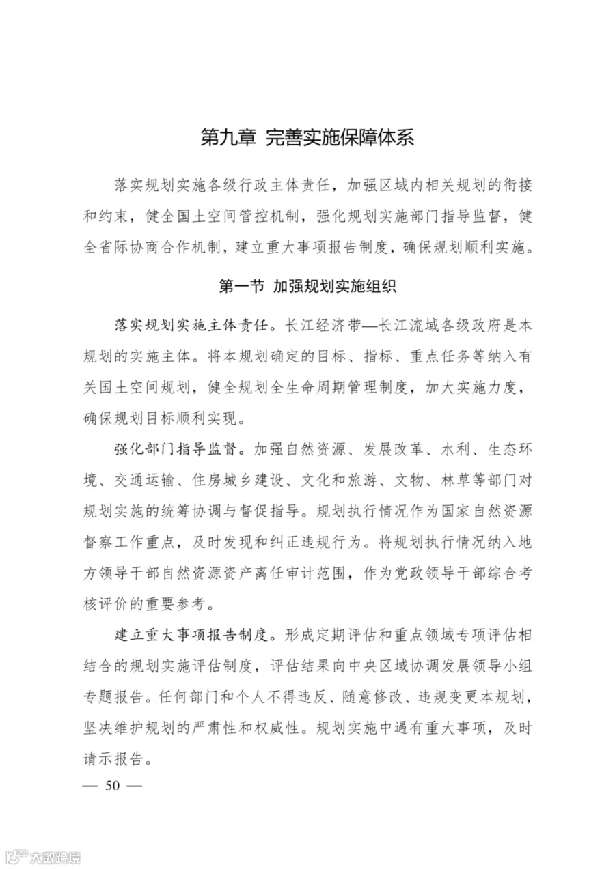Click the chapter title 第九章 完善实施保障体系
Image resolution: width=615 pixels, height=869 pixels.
click(x=307, y=138)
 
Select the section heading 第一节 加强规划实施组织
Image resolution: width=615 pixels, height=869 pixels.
click(x=307, y=286)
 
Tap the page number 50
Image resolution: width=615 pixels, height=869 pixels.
click(x=111, y=785)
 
